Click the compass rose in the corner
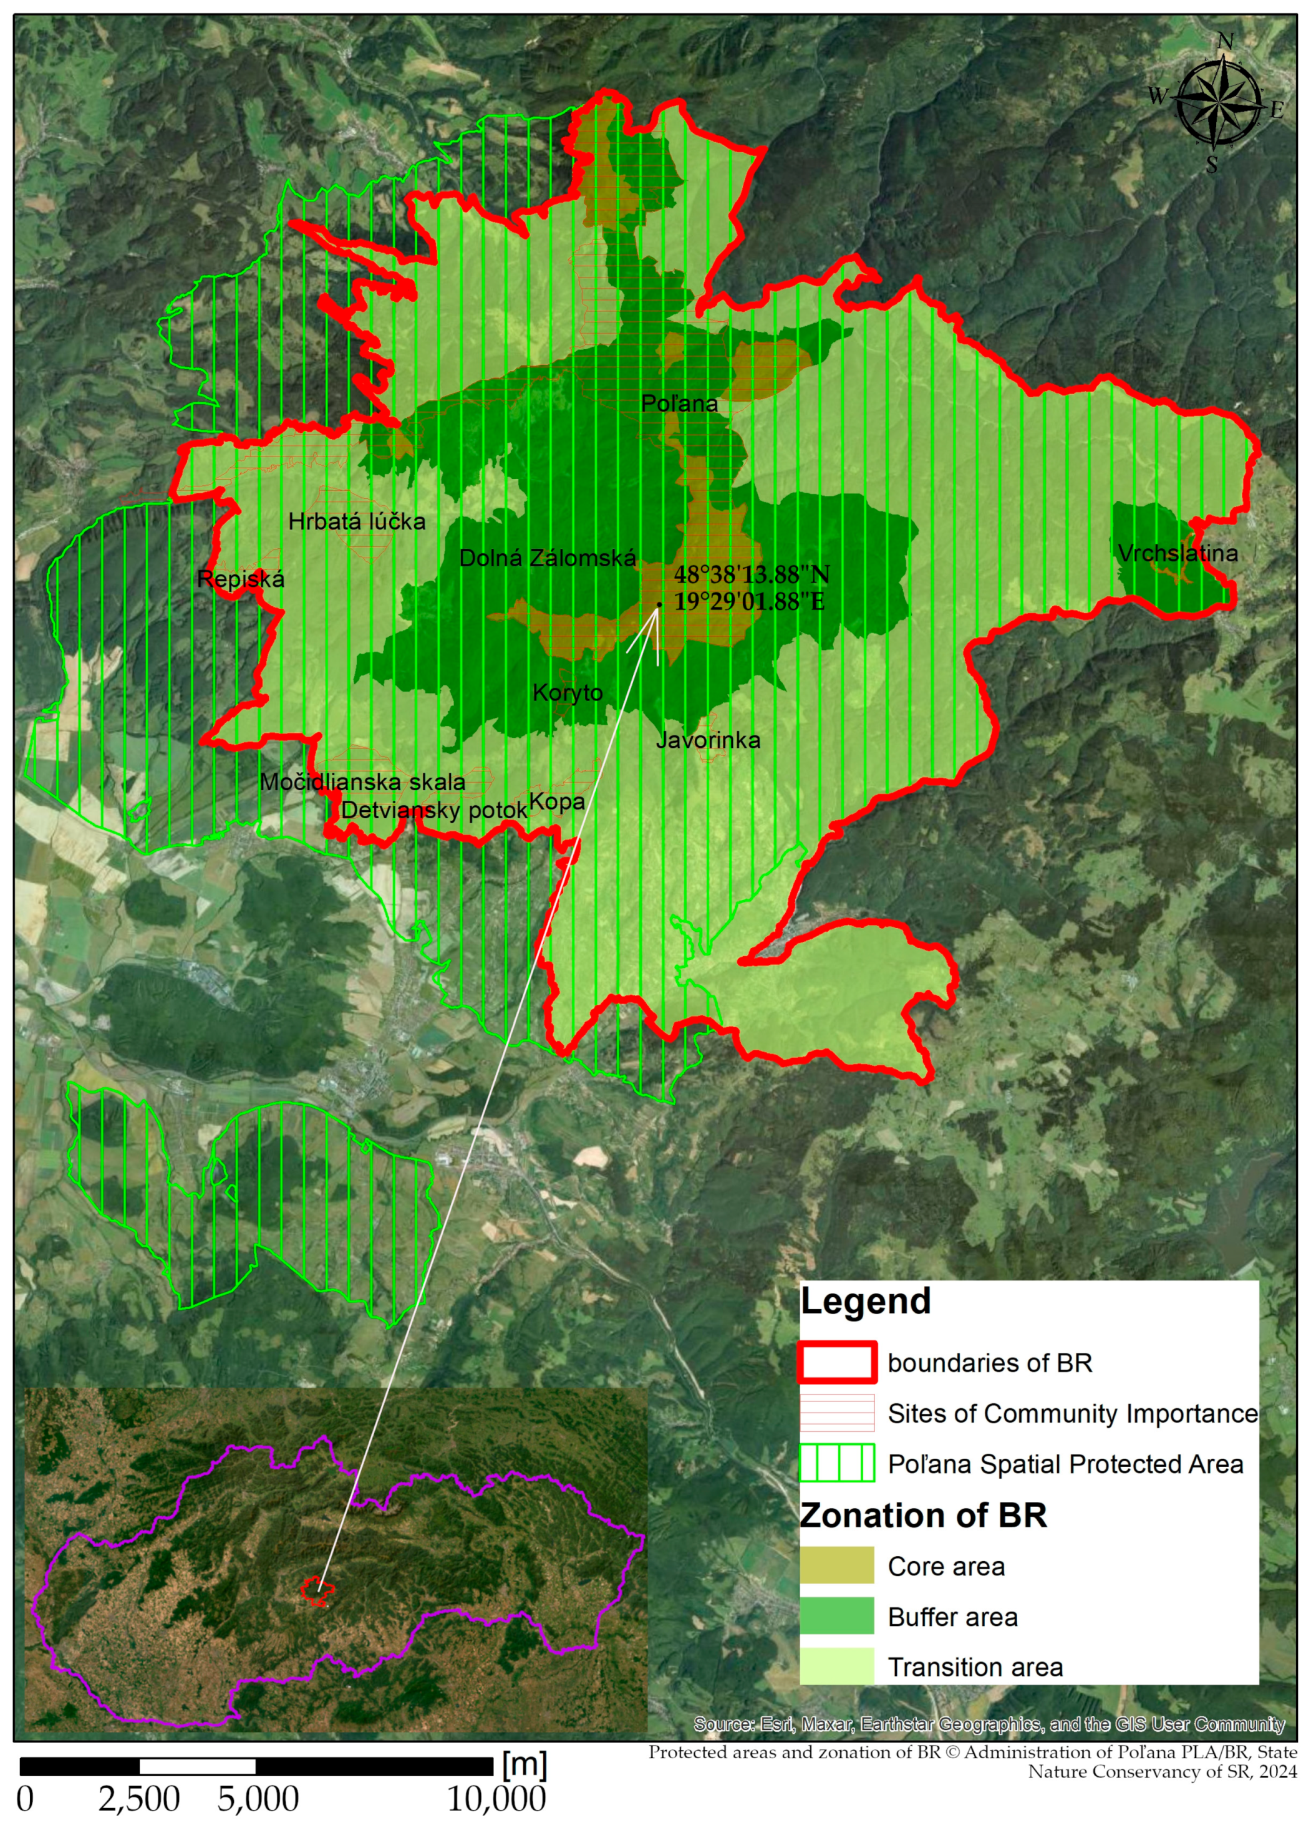[1217, 103]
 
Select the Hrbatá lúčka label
[356, 522]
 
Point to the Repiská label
[241, 579]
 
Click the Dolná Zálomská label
[547, 558]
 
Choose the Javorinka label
[708, 740]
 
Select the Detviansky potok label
[433, 810]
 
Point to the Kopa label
[556, 802]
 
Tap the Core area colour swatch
[836, 1566]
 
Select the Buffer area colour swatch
[836, 1617]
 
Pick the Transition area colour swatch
[836, 1667]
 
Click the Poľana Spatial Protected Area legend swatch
[836, 1464]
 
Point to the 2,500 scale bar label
[139, 1799]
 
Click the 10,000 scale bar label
[496, 1799]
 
